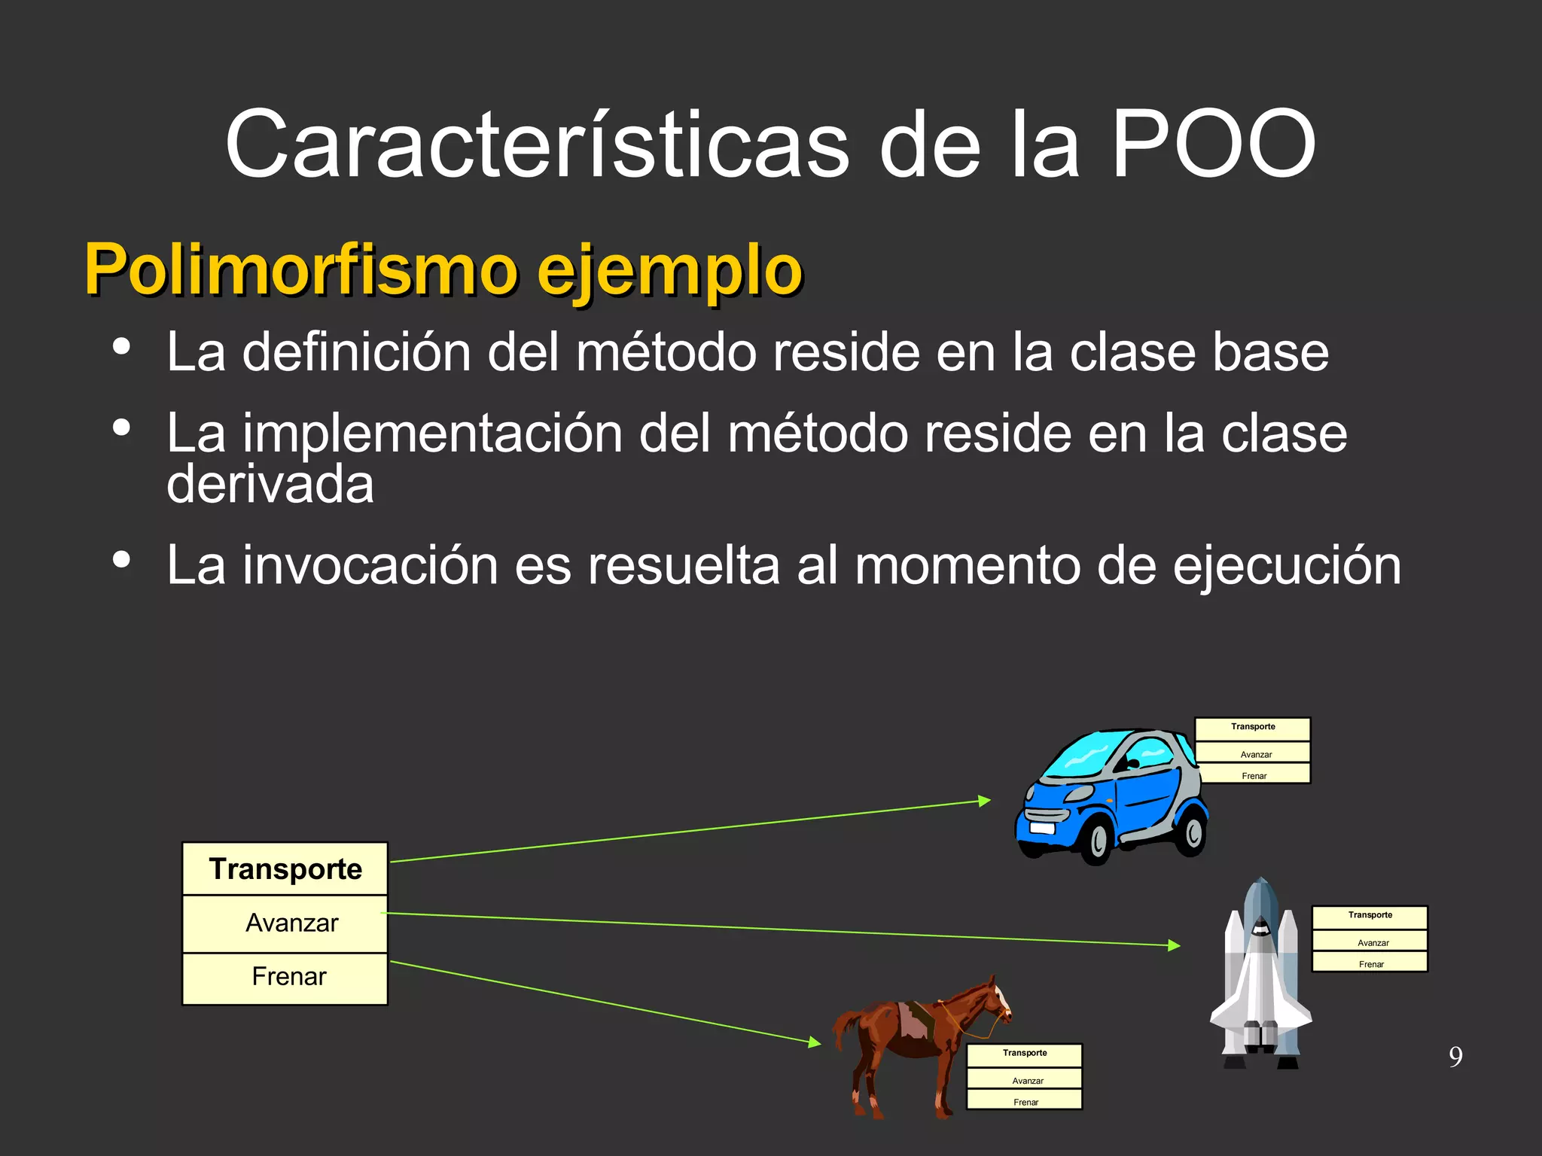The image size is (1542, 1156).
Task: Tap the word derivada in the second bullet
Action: coord(270,484)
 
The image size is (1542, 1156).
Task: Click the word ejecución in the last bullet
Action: coord(1287,565)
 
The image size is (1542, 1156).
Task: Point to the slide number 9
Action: coord(1455,1057)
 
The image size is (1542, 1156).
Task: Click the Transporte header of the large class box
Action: coord(285,869)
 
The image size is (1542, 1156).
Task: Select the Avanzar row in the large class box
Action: coord(291,923)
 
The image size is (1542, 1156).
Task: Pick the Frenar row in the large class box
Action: coord(288,977)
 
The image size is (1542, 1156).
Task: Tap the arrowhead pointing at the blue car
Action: coord(985,801)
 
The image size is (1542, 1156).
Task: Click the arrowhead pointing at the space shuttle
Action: coord(1175,945)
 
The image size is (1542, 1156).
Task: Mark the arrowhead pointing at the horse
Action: coord(815,1042)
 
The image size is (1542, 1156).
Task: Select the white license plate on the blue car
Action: coord(1042,828)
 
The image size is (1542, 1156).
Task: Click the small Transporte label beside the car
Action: coord(1253,727)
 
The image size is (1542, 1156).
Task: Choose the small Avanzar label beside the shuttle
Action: coord(1373,942)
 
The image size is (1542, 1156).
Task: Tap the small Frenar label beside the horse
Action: coord(1025,1102)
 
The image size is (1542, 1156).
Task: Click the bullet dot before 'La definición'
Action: coord(121,347)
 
